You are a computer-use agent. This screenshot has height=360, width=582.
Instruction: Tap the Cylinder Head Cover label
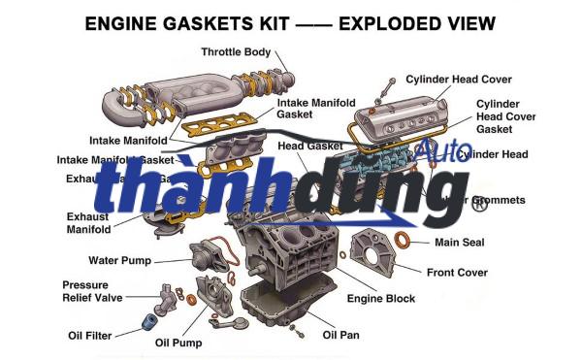(x=459, y=79)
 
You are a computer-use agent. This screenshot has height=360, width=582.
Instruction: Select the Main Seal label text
(x=459, y=242)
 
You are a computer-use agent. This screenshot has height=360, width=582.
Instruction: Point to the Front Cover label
(x=457, y=273)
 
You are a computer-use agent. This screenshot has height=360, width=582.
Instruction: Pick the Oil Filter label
(x=89, y=335)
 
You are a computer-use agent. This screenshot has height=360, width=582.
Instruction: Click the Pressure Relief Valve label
(x=92, y=291)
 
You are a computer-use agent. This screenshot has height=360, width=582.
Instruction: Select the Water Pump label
(x=119, y=260)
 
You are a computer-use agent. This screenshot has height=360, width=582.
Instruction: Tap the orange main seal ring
(x=411, y=240)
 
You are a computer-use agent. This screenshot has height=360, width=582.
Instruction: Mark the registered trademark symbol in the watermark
(x=477, y=203)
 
